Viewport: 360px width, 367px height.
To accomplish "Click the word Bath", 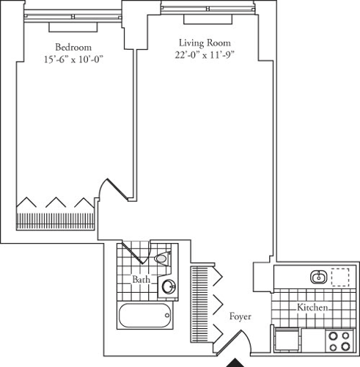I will point(142,280).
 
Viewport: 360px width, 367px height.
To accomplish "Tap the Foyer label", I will point(240,317).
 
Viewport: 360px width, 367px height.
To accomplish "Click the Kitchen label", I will point(312,308).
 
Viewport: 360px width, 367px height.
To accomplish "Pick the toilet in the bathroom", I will point(161,258).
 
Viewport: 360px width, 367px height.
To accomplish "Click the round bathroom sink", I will point(169,287).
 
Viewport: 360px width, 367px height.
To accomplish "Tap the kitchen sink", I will point(318,277).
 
